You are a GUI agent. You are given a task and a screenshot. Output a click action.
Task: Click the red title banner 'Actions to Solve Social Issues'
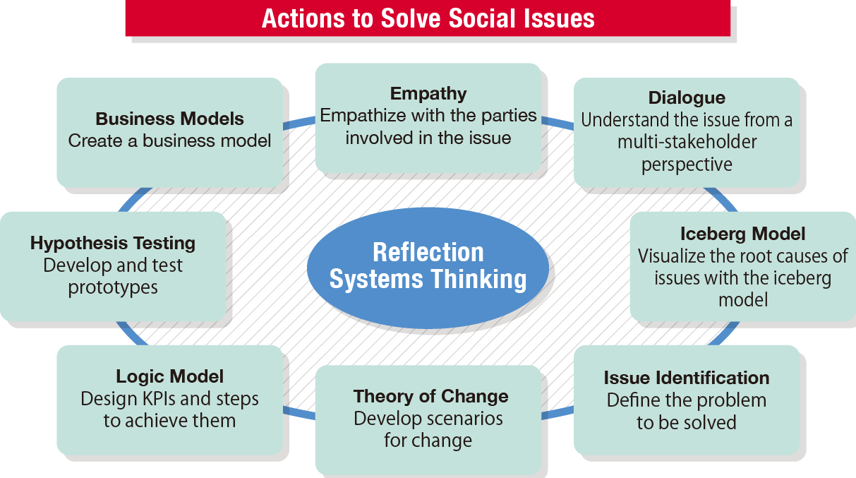pyautogui.click(x=428, y=18)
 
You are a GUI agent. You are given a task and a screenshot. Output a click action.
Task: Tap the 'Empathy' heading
pyautogui.click(x=428, y=93)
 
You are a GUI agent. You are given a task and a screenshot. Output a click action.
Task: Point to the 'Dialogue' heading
pyautogui.click(x=687, y=97)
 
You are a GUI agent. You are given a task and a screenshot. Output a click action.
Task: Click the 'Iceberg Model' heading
pyautogui.click(x=742, y=234)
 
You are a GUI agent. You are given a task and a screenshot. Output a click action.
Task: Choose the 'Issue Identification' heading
pyautogui.click(x=687, y=378)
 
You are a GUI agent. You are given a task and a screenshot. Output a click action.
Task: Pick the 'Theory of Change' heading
pyautogui.click(x=430, y=396)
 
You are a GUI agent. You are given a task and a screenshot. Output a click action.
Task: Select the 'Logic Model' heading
pyautogui.click(x=169, y=376)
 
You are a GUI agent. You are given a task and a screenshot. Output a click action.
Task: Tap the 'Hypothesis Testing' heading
pyautogui.click(x=113, y=243)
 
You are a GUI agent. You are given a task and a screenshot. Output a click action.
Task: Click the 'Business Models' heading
pyautogui.click(x=169, y=118)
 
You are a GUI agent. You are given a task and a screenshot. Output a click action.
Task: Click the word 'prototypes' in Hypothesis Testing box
pyautogui.click(x=113, y=288)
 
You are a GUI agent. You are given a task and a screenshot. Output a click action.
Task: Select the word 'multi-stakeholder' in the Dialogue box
pyautogui.click(x=687, y=142)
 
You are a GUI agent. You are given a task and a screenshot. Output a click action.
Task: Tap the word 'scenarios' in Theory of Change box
pyautogui.click(x=464, y=419)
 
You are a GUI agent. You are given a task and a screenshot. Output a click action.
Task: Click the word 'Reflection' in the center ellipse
pyautogui.click(x=428, y=253)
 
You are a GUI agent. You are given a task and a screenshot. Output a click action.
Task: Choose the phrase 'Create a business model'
pyautogui.click(x=169, y=141)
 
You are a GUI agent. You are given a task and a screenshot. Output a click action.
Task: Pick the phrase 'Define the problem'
pyautogui.click(x=687, y=400)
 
